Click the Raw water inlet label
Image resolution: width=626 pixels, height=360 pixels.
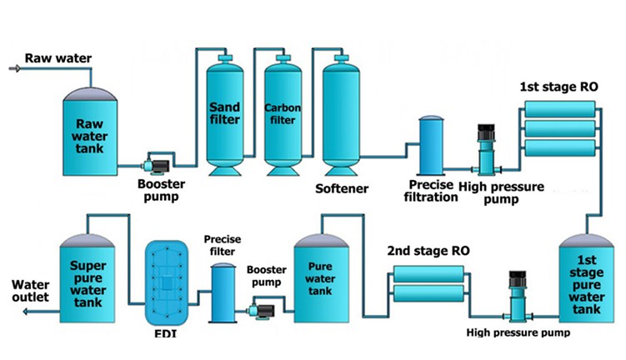(58, 58)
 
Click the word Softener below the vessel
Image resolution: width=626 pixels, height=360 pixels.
(342, 187)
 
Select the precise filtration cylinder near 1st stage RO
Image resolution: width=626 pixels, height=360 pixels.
(432, 145)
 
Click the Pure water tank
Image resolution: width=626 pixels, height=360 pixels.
(321, 276)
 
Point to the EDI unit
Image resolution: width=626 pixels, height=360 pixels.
(168, 284)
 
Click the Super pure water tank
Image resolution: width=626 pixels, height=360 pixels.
(89, 279)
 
